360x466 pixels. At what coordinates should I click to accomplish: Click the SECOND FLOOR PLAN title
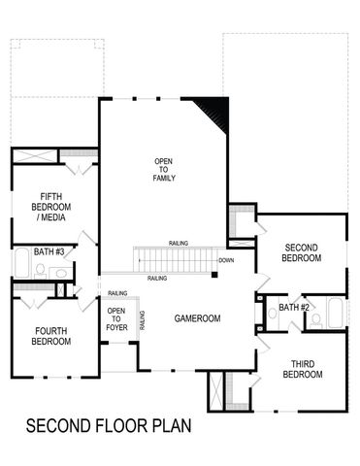click(109, 424)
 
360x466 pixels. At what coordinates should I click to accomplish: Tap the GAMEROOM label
click(198, 318)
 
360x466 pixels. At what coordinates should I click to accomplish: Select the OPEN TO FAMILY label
click(163, 170)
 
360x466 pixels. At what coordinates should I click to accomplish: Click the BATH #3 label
click(49, 252)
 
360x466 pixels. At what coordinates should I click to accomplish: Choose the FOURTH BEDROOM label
click(50, 336)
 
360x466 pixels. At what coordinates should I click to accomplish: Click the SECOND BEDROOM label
click(300, 252)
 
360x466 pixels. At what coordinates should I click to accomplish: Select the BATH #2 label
click(294, 308)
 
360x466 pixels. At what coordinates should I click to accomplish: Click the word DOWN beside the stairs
click(226, 260)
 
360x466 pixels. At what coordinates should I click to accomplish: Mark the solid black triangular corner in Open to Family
click(214, 109)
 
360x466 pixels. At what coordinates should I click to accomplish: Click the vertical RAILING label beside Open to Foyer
click(143, 320)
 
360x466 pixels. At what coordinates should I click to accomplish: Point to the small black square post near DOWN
click(214, 277)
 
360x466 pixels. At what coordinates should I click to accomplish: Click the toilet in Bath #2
click(316, 318)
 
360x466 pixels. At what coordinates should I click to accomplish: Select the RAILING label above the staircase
click(178, 243)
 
